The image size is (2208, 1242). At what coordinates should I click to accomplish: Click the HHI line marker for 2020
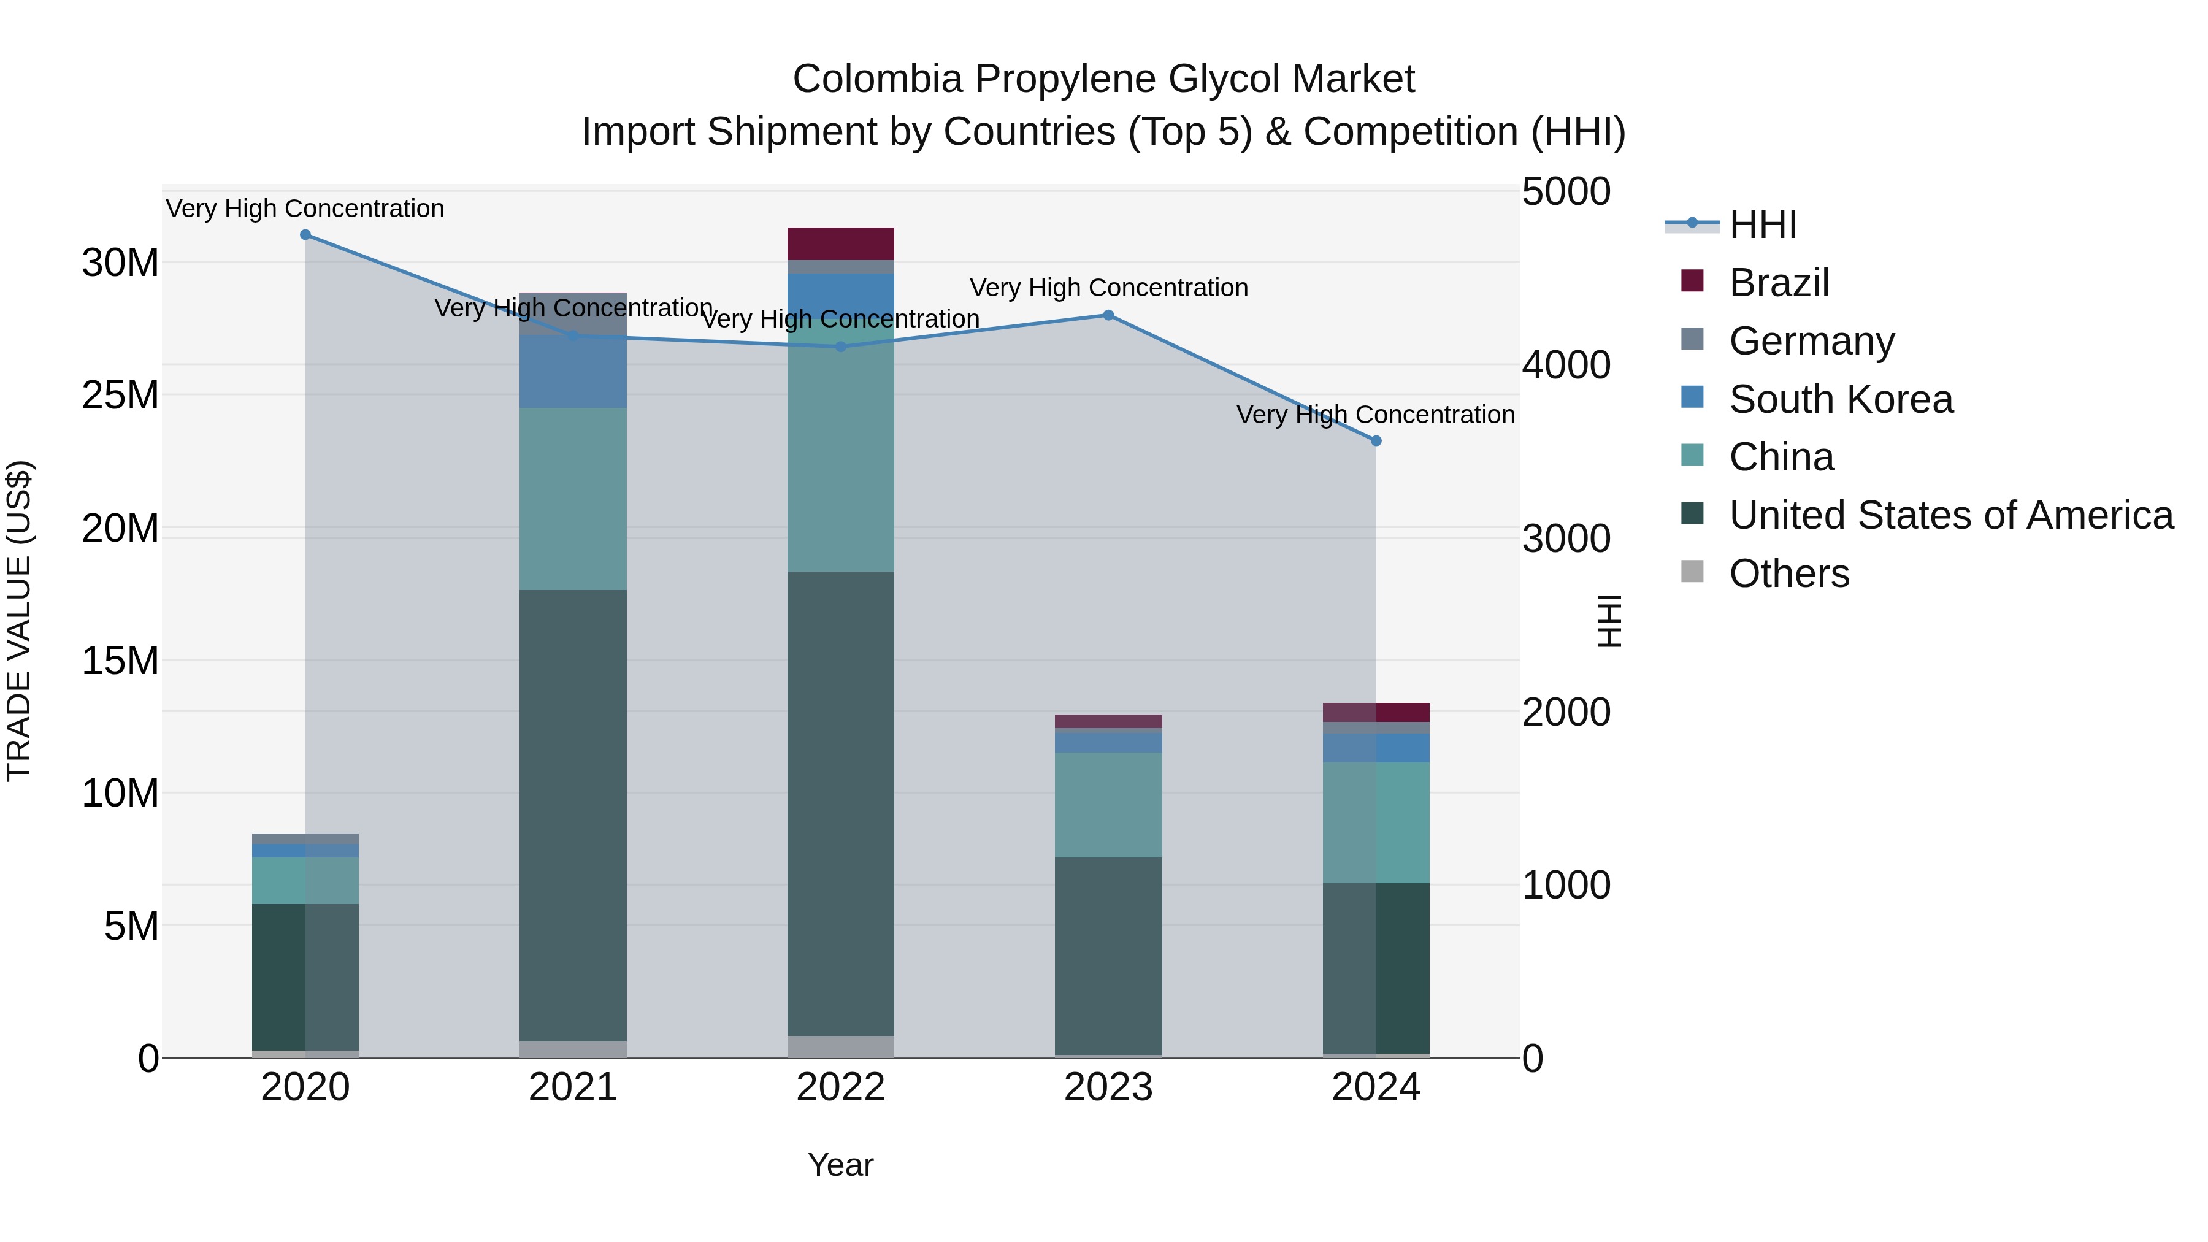pos(305,235)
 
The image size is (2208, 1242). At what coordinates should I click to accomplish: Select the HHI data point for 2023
pos(1108,315)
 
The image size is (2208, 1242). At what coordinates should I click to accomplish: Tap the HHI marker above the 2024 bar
pos(1376,440)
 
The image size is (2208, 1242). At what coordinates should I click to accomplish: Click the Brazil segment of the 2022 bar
pos(840,243)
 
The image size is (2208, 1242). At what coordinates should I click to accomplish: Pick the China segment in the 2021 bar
pos(573,499)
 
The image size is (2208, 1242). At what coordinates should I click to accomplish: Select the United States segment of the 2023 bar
pos(1108,955)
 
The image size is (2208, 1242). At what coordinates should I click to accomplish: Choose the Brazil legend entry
pos(1779,283)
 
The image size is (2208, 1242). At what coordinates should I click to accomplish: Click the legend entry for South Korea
pos(1840,399)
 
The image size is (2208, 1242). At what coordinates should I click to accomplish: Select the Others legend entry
pos(1789,573)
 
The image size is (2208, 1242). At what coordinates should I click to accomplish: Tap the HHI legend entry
pos(1762,224)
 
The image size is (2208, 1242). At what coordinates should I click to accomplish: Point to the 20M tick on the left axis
pos(120,528)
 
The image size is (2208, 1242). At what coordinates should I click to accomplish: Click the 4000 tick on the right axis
pos(1565,365)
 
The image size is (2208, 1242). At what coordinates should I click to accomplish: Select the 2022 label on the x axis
pos(840,1087)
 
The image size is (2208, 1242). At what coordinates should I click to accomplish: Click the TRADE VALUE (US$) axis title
pos(19,621)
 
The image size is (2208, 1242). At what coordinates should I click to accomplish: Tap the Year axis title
pos(840,1165)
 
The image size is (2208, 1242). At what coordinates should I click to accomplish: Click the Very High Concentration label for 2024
pos(1375,415)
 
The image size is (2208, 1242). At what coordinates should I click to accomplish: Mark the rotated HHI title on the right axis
pos(1610,621)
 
